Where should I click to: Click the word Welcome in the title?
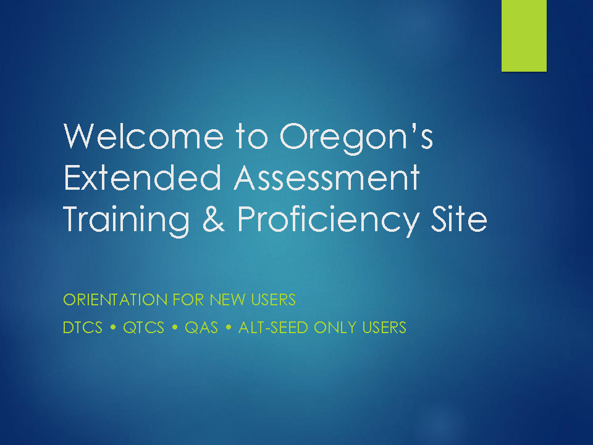(x=144, y=136)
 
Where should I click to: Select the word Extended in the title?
(x=142, y=177)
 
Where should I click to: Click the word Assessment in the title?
(x=327, y=177)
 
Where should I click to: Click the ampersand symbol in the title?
(x=214, y=219)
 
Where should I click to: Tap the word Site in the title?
(x=459, y=219)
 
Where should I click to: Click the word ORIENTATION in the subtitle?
(x=116, y=300)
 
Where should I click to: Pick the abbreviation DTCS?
(x=83, y=328)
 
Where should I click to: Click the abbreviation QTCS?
(x=144, y=328)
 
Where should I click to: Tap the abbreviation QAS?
(x=201, y=328)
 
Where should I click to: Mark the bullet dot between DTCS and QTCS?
(x=112, y=328)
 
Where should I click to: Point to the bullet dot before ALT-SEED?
(x=229, y=328)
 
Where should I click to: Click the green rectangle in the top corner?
(x=524, y=36)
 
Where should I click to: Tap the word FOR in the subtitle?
(x=188, y=300)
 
